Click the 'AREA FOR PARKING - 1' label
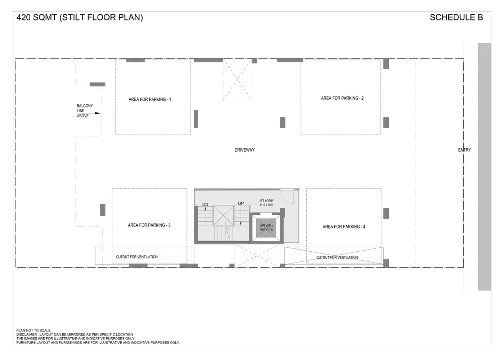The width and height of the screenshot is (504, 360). (x=150, y=99)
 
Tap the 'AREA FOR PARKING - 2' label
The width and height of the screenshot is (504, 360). (x=342, y=98)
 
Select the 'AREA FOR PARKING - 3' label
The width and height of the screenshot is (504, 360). (x=149, y=225)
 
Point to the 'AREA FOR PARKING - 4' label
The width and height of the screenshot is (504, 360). (x=344, y=227)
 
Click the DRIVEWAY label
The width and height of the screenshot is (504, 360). (x=244, y=150)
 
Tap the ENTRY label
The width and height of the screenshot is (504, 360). (x=464, y=150)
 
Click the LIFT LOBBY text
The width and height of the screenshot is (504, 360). (x=266, y=201)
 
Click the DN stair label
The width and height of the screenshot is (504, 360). (x=205, y=204)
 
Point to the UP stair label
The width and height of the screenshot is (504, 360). (x=241, y=203)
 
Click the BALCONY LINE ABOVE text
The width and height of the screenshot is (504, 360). (x=85, y=111)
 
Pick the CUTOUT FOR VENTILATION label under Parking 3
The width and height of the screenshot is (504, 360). (x=137, y=257)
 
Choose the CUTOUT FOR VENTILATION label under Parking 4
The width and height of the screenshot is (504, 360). (x=337, y=257)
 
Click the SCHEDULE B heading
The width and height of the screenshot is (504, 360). (x=456, y=17)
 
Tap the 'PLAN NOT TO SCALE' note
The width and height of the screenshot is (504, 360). (x=33, y=330)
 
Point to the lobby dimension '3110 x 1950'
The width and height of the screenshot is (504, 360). (x=266, y=205)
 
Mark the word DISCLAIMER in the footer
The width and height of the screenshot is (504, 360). (x=26, y=334)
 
